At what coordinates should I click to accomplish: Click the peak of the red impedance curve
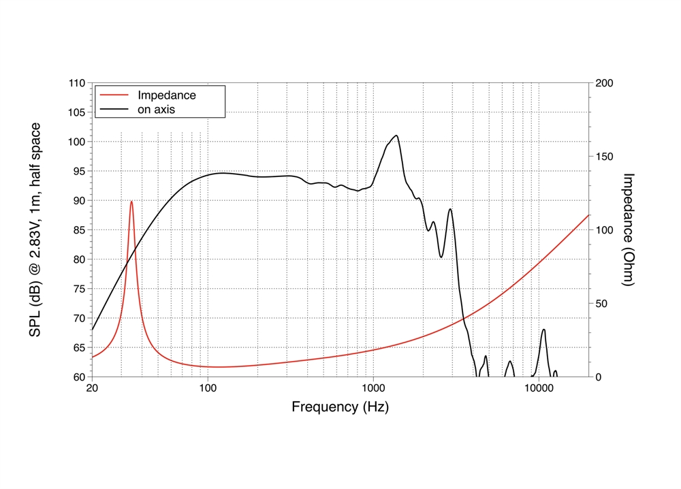(x=131, y=201)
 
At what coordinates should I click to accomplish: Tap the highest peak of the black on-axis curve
(x=396, y=135)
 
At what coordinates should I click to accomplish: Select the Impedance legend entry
(x=166, y=95)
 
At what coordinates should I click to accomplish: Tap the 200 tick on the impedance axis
(x=605, y=83)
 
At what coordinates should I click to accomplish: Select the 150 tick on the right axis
(x=605, y=157)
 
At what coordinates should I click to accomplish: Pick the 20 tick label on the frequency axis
(x=92, y=390)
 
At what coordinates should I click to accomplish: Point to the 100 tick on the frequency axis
(x=208, y=390)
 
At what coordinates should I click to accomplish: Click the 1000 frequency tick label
(x=373, y=390)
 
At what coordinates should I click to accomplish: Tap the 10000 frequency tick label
(x=538, y=390)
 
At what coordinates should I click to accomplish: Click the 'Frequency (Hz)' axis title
(x=340, y=407)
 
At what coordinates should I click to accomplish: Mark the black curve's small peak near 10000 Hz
(x=543, y=330)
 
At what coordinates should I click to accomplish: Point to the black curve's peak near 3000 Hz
(x=450, y=209)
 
